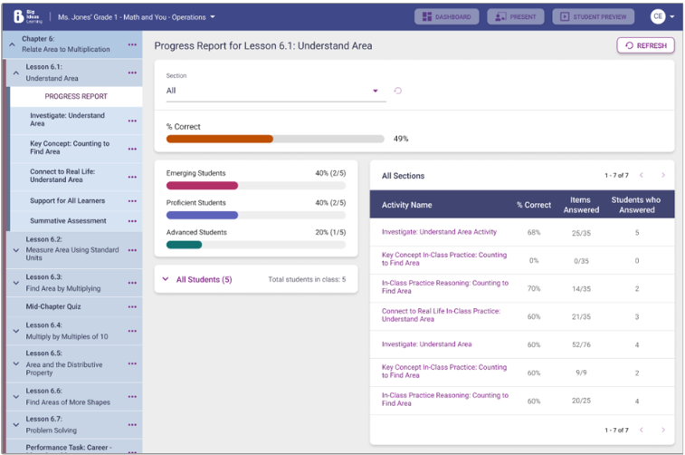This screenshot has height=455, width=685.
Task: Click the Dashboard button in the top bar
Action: click(x=446, y=16)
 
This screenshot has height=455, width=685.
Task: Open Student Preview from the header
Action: click(x=593, y=16)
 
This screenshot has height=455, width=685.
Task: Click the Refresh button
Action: click(x=645, y=45)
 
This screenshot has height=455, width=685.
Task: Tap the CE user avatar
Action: click(x=658, y=16)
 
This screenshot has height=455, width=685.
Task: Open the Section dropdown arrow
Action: click(x=376, y=91)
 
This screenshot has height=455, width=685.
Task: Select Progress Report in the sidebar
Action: click(x=76, y=96)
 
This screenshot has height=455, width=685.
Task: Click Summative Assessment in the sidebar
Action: click(x=68, y=220)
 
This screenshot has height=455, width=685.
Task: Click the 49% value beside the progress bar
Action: click(x=401, y=139)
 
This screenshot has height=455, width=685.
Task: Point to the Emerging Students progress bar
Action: click(x=203, y=185)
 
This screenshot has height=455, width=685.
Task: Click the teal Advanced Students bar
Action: click(x=184, y=245)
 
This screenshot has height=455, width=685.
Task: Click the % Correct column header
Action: click(x=533, y=205)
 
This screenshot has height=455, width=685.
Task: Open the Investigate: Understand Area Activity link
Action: click(x=439, y=232)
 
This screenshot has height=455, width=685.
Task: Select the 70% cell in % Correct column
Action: click(x=533, y=288)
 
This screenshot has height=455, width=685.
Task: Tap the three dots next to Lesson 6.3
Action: click(x=132, y=283)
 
